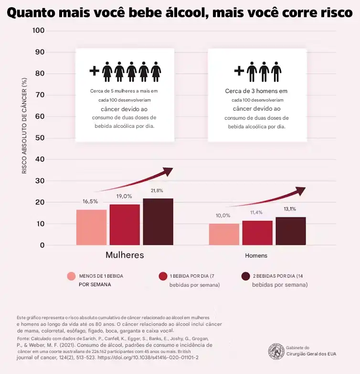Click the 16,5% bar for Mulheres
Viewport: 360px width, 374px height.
pyautogui.click(x=91, y=227)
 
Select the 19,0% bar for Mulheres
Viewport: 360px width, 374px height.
pyautogui.click(x=125, y=225)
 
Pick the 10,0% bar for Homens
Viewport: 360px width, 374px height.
pyautogui.click(x=224, y=234)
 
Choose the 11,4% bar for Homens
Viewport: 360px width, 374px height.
pyautogui.click(x=257, y=233)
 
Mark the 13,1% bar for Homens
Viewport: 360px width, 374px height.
pyautogui.click(x=291, y=231)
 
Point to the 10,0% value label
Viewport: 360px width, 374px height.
pyautogui.click(x=222, y=216)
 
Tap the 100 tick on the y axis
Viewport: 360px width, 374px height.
pyautogui.click(x=38, y=31)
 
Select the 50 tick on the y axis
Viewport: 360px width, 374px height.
pyautogui.click(x=40, y=138)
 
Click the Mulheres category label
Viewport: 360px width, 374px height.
pyautogui.click(x=125, y=255)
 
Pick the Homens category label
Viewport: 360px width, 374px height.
pyautogui.click(x=256, y=256)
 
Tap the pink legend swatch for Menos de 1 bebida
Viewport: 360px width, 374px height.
pyautogui.click(x=72, y=276)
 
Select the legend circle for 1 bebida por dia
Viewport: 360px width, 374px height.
pyautogui.click(x=163, y=276)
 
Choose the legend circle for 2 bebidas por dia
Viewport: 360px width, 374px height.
pyautogui.click(x=245, y=276)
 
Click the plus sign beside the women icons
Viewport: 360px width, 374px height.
pyautogui.click(x=95, y=71)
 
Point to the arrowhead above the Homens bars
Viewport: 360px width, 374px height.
pyautogui.click(x=300, y=191)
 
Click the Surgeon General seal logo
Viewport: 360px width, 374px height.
pyautogui.click(x=276, y=352)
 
